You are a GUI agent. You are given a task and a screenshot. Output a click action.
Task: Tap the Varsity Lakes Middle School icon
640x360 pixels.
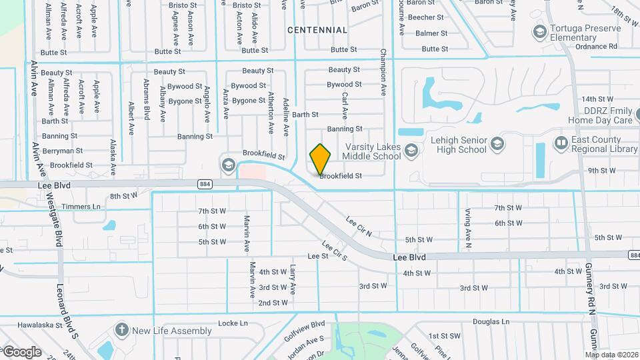[411, 150]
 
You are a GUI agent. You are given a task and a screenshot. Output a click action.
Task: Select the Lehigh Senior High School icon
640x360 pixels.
[497, 143]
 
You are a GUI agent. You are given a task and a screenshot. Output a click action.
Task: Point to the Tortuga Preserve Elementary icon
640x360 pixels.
[539, 31]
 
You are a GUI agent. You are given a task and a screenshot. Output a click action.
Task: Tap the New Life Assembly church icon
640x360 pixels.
[121, 330]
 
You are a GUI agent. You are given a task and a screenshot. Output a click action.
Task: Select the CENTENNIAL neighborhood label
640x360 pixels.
[317, 30]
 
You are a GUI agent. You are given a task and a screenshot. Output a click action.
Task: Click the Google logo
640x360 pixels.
[22, 352]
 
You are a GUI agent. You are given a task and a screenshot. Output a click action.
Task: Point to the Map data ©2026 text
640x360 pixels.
[611, 355]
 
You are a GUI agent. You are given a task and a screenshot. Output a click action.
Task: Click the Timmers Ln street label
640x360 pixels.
[80, 207]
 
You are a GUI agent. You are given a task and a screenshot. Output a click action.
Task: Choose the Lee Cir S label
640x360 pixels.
[335, 251]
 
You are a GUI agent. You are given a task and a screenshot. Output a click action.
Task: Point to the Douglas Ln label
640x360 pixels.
[491, 321]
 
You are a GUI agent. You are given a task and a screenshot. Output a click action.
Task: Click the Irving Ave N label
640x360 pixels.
[468, 225]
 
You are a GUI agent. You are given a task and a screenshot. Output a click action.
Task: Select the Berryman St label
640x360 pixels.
[62, 151]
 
